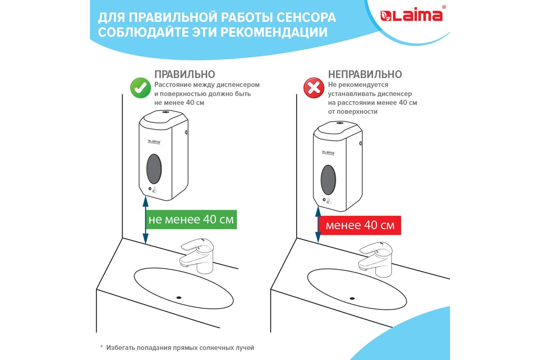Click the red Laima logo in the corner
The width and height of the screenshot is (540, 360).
(411, 15)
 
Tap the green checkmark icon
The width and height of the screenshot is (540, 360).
(140, 88)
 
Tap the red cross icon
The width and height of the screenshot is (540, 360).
(314, 88)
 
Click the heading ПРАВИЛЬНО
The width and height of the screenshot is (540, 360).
(184, 74)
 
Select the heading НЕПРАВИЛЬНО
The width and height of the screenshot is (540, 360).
(365, 74)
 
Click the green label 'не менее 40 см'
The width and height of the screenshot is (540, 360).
(191, 220)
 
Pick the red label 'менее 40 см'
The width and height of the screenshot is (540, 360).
(360, 225)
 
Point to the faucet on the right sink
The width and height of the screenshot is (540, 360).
(375, 259)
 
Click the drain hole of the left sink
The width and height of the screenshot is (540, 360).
(179, 297)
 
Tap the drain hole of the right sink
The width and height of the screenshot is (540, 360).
(352, 298)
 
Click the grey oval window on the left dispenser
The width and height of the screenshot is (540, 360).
(154, 169)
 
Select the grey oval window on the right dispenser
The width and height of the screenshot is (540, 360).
(328, 180)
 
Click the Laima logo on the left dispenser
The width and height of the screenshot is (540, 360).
(154, 142)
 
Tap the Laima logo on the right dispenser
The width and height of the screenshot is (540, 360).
(328, 153)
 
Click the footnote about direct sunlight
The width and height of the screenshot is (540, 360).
(177, 348)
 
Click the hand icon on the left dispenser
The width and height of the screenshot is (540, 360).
(154, 190)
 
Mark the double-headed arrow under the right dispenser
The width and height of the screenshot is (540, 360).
(318, 225)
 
